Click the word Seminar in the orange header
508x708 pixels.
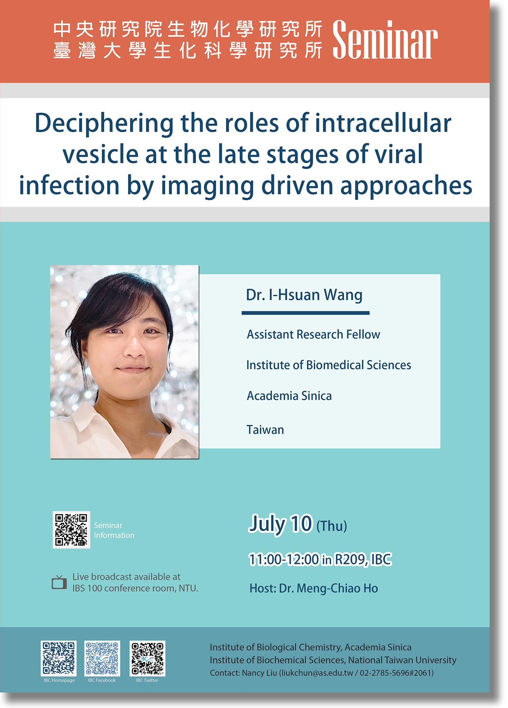click(x=385, y=39)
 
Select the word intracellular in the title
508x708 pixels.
click(x=383, y=123)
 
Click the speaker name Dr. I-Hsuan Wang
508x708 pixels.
click(x=304, y=295)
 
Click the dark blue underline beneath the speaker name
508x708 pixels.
click(x=305, y=313)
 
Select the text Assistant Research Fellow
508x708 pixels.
click(x=313, y=334)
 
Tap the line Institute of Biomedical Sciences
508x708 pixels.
click(x=329, y=365)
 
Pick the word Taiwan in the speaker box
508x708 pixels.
click(x=265, y=430)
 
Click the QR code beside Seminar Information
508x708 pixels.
click(x=71, y=530)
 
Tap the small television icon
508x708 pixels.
click(x=59, y=582)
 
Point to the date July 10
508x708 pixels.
click(x=281, y=524)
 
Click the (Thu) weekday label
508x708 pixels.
click(x=332, y=526)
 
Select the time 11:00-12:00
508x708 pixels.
click(x=284, y=559)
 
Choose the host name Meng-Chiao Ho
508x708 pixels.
click(x=337, y=588)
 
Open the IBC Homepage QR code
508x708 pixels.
click(x=59, y=658)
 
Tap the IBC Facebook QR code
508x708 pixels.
click(x=102, y=658)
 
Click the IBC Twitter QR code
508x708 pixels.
click(x=147, y=658)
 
